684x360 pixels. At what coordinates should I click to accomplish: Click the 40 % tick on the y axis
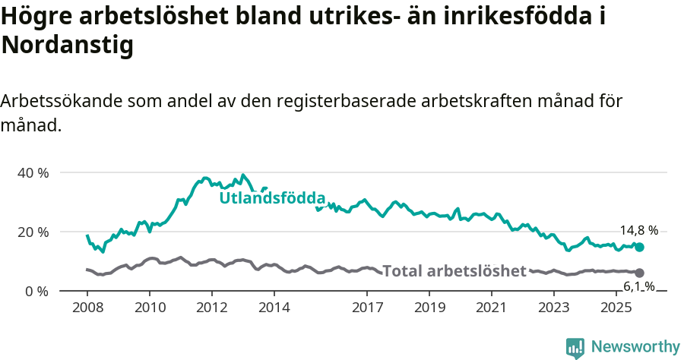click(33, 172)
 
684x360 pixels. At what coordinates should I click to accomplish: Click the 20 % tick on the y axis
click(33, 232)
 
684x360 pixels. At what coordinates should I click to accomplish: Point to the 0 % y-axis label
click(36, 291)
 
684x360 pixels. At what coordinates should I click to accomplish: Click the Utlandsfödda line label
click(272, 198)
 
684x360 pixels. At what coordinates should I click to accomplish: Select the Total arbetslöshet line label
click(454, 271)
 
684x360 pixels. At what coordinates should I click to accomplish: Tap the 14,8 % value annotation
click(638, 231)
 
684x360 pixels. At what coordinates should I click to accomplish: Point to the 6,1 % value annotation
click(638, 286)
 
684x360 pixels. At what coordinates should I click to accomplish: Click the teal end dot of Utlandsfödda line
click(639, 247)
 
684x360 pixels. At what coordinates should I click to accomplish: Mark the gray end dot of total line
click(639, 273)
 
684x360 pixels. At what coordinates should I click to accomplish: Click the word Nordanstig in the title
click(68, 46)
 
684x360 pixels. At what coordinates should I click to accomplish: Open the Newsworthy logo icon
click(575, 347)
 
